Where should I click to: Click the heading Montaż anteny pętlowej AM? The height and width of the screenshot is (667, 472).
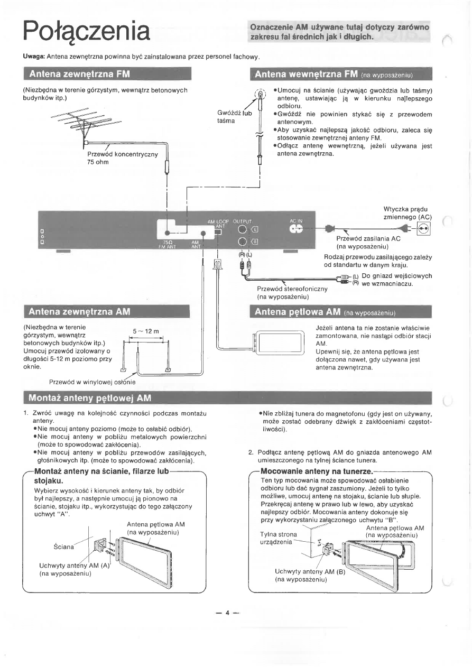point(89,397)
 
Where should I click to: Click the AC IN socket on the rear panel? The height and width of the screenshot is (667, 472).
point(295,229)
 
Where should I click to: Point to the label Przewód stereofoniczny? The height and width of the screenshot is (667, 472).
point(292,289)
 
